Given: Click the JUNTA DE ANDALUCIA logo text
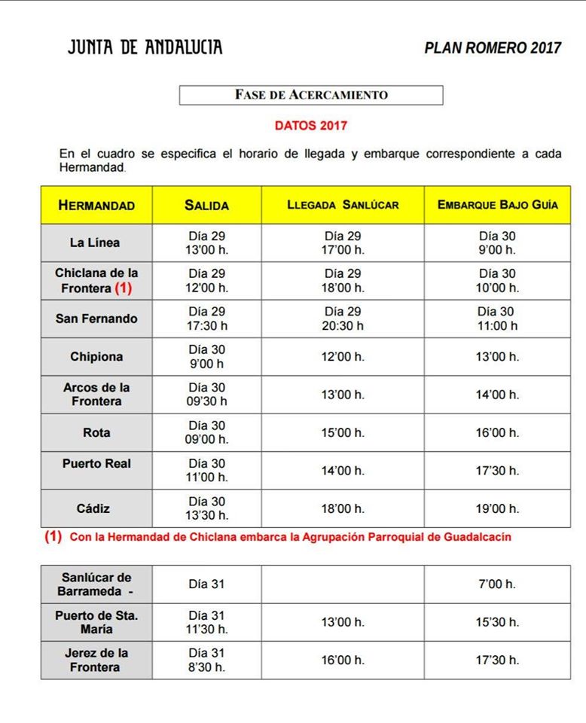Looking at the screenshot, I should pos(145,47).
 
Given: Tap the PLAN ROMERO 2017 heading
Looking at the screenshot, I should pos(493,48).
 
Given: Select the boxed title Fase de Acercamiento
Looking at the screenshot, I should pos(311,95).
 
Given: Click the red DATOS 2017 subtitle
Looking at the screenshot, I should pos(310,126).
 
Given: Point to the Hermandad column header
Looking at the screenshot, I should pos(96,205).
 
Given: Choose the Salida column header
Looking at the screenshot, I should pos(206,205).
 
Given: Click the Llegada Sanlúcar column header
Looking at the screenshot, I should pos(343,205).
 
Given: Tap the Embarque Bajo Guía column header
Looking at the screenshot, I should pos(497,205).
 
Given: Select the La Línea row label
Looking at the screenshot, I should pos(95,243).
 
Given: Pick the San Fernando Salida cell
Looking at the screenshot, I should pos(207,319).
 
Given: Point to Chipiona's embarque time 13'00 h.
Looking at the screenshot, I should pos(497,357).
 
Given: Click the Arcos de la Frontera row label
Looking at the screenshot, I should pos(96,394).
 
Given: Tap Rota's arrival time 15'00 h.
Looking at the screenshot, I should pos(343,433).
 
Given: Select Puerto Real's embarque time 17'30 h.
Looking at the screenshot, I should pos(497,471).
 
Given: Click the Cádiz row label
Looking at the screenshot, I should pos(96,508).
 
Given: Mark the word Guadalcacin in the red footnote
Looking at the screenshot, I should pos(478,538).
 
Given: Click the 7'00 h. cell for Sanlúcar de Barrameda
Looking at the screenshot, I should pos(497,584).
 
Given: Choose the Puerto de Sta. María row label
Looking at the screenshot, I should pos(96,622).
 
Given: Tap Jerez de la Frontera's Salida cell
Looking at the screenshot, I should pos(207,660).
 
